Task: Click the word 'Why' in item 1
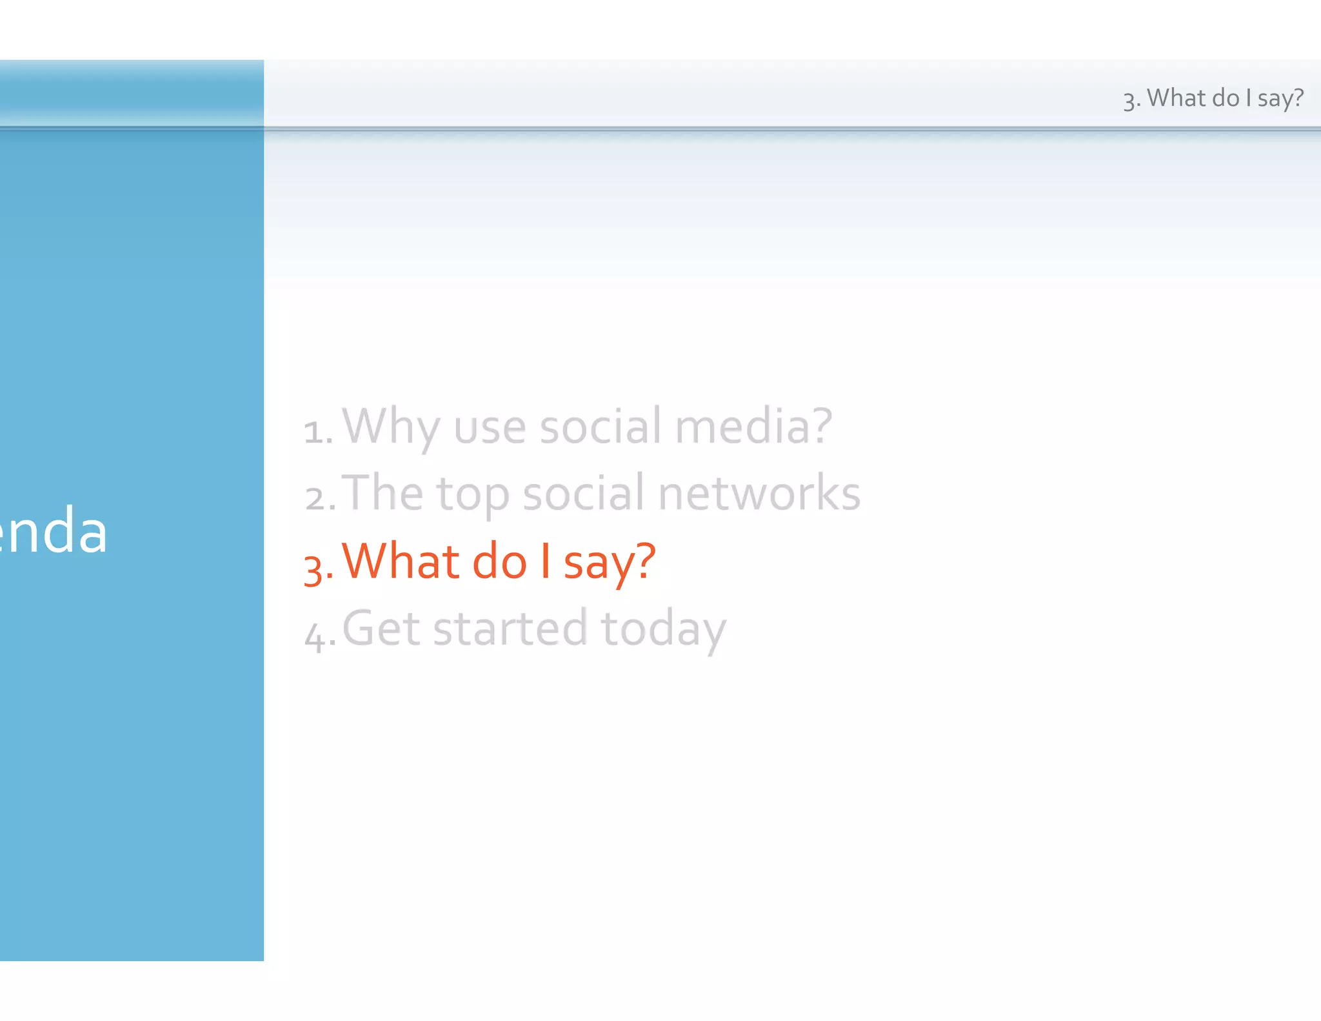pyautogui.click(x=390, y=427)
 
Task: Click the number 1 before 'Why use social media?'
pyautogui.click(x=314, y=431)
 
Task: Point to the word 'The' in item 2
pyautogui.click(x=382, y=493)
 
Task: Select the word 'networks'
pyautogui.click(x=759, y=493)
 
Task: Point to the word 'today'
pyautogui.click(x=663, y=630)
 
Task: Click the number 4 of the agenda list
pyautogui.click(x=315, y=635)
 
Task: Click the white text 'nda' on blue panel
pyautogui.click(x=55, y=531)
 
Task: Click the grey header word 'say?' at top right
pyautogui.click(x=1280, y=99)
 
